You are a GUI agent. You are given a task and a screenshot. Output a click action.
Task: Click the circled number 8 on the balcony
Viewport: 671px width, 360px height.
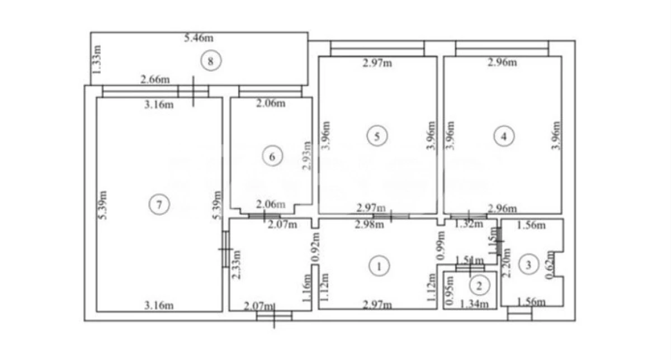coord(210,61)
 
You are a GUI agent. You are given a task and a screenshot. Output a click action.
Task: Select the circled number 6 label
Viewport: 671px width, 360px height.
coord(272,157)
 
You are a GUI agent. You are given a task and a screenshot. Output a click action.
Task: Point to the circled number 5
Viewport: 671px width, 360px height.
coord(377,135)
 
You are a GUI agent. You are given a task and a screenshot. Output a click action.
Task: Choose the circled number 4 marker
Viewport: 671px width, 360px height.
coord(504,135)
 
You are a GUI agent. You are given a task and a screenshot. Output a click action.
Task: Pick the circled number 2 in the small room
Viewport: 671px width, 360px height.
coord(479,286)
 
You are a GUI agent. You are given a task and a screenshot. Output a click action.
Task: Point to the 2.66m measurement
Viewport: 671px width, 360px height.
coord(155,79)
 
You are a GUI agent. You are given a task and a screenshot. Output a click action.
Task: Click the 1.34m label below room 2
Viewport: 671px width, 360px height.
coord(474,305)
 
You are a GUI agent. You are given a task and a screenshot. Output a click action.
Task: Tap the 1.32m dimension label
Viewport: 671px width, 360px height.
coord(467,225)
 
